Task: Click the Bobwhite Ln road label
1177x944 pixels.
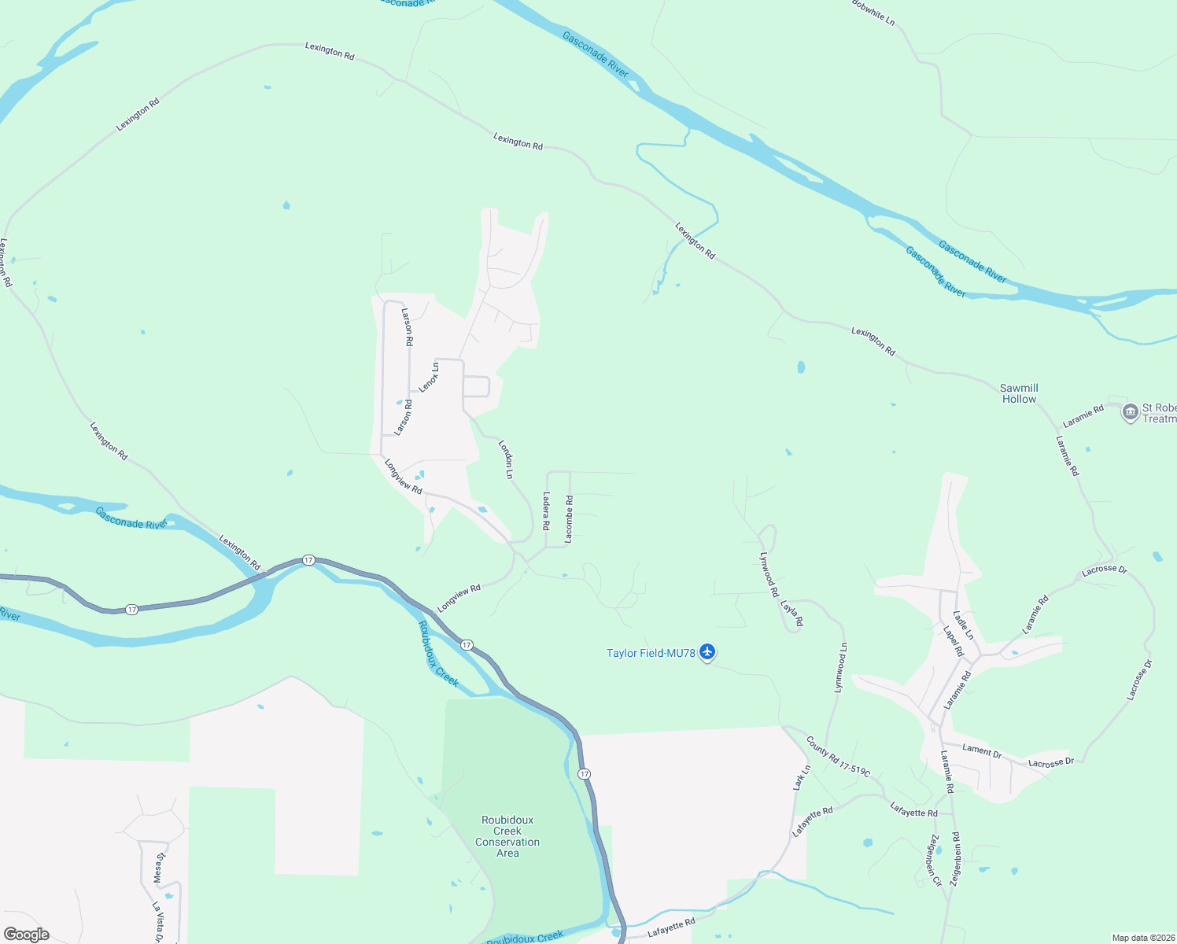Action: coord(873,12)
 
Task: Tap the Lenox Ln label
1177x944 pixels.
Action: coord(429,377)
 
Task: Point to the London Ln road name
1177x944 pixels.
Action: coord(506,459)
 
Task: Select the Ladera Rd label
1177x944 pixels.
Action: coord(546,511)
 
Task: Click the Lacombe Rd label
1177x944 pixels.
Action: coord(569,519)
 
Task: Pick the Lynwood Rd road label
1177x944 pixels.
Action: coord(769,574)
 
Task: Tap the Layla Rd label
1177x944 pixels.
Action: coord(791,614)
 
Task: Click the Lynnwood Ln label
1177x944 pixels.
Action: coord(841,668)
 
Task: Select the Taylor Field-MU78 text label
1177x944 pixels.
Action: coord(651,653)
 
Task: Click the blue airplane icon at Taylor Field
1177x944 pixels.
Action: coord(707,652)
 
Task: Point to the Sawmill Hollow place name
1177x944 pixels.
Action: coord(1019,393)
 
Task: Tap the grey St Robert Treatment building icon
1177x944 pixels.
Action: coord(1130,411)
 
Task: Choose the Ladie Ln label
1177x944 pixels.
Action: coord(963,625)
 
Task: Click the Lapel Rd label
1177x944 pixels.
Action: coord(953,640)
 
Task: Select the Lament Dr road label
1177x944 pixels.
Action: coord(982,750)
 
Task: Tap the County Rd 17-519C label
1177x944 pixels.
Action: coord(838,757)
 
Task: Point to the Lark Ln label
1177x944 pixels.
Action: coord(802,778)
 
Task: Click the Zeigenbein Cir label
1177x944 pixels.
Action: coord(935,860)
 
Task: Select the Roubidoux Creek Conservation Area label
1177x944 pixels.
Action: coord(507,836)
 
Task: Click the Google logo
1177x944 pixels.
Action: coord(27,935)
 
